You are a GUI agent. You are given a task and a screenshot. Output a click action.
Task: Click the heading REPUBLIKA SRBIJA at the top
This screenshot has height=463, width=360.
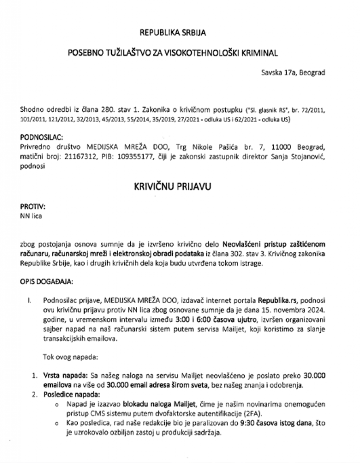[x=180, y=33]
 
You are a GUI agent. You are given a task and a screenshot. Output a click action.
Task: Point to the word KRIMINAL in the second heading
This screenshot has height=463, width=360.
[x=260, y=53]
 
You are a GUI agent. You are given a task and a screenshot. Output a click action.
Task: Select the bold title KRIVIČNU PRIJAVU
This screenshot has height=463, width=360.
[x=180, y=186]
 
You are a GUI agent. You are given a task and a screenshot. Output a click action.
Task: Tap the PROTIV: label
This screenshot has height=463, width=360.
[x=33, y=207]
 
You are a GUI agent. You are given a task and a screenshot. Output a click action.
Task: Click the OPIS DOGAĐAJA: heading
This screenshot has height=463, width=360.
[x=47, y=282]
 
